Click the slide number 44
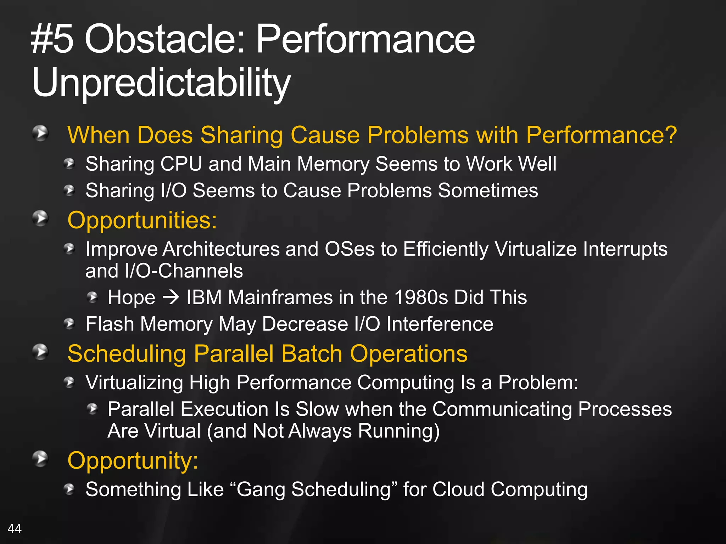coord(15,529)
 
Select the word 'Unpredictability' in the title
coord(161,83)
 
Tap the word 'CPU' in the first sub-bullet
coord(181,164)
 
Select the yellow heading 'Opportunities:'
coord(142,220)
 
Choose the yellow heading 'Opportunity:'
coord(133,461)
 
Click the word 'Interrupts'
coord(625,249)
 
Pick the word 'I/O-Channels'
coord(184,271)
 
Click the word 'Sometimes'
coord(488,191)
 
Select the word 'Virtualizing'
coord(134,382)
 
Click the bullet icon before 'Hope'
coord(93,297)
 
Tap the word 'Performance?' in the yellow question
coord(601,135)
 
